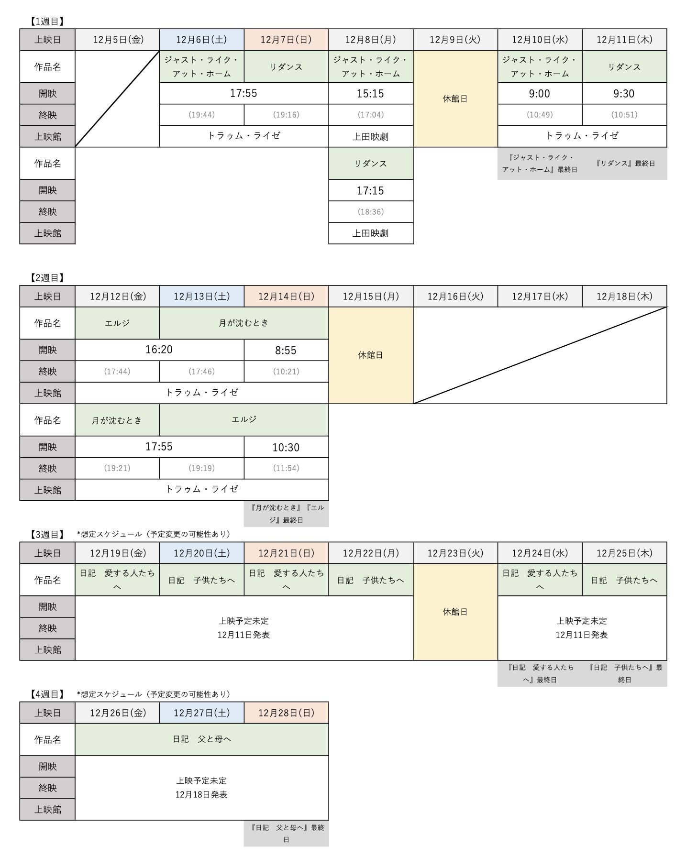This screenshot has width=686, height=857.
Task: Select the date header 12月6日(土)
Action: pos(201,40)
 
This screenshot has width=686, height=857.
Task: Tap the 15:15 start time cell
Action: pos(370,94)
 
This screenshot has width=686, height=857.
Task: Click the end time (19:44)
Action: pos(201,115)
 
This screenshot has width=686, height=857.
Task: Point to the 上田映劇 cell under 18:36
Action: pos(370,233)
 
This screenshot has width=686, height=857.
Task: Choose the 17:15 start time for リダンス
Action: pos(370,191)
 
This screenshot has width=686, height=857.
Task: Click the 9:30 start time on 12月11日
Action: pos(624,94)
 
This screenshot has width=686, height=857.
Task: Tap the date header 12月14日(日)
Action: pos(286,297)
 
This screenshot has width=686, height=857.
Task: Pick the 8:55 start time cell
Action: pos(286,351)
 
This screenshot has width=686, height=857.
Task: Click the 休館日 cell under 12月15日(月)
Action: pos(370,355)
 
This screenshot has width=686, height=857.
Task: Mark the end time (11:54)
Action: pos(286,468)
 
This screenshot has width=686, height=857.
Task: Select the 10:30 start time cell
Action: pos(286,448)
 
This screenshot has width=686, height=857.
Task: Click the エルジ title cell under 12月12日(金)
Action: pos(117,323)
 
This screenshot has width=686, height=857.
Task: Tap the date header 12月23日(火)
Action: pos(455,553)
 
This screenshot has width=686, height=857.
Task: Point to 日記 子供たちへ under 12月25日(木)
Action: pos(624,580)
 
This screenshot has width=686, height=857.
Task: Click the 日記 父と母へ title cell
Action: pos(201,739)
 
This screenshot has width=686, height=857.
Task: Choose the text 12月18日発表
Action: pos(201,795)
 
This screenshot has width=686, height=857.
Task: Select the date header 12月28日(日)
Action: pos(286,713)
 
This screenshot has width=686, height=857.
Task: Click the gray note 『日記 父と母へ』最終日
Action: pos(286,834)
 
